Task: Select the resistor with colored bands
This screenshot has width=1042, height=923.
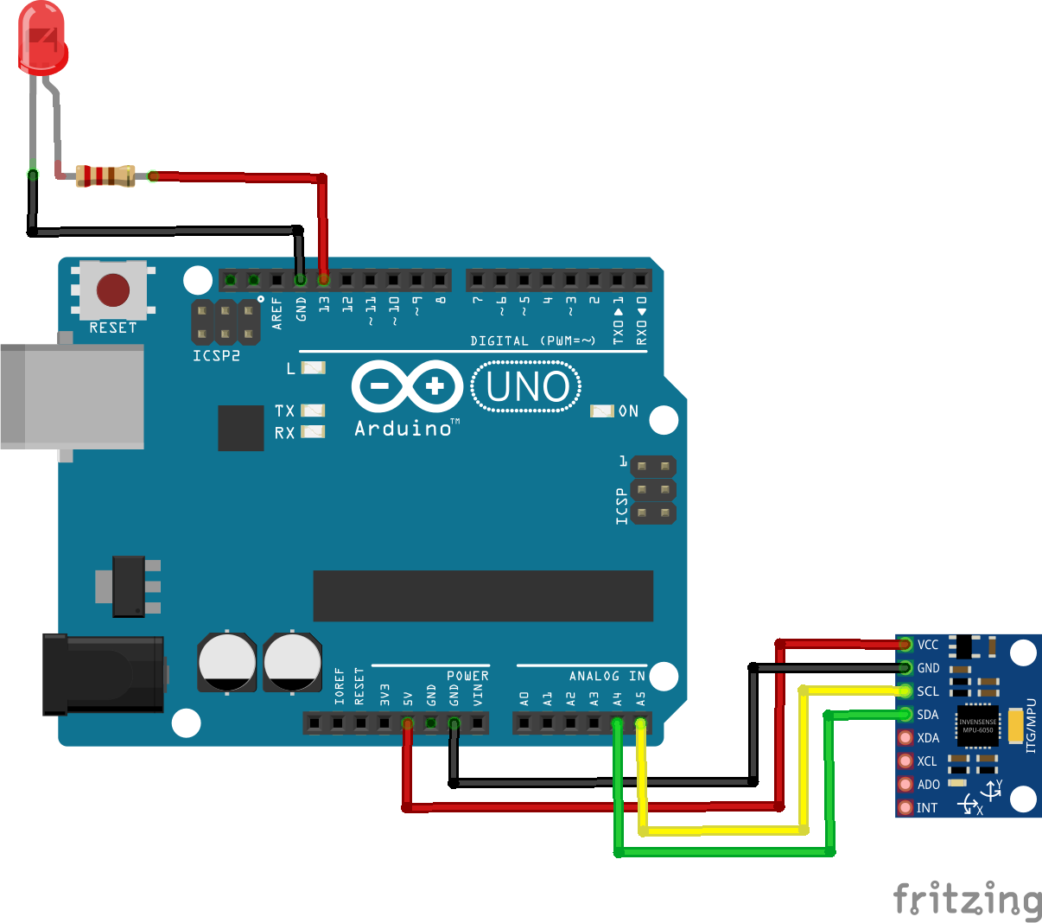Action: point(105,176)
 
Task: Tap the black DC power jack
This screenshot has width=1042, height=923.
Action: point(104,674)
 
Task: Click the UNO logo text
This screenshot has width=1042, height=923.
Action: point(527,387)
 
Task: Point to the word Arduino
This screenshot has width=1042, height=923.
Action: point(403,429)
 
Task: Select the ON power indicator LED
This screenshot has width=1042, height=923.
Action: point(601,411)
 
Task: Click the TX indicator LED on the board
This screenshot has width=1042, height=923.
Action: point(313,411)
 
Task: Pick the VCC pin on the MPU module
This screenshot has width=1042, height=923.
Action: point(905,644)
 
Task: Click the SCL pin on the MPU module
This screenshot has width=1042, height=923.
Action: point(905,691)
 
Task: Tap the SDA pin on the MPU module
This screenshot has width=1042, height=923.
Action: point(905,714)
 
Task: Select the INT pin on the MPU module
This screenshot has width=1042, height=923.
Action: point(905,807)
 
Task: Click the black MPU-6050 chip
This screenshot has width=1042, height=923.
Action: point(977,726)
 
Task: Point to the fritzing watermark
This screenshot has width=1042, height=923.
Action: point(967,900)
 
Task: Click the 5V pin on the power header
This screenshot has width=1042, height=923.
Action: point(408,722)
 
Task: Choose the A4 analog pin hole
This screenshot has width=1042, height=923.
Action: point(617,722)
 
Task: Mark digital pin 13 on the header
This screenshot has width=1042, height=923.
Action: point(324,280)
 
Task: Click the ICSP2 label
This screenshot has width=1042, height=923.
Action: point(216,355)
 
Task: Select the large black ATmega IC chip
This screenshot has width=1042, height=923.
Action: point(483,595)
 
